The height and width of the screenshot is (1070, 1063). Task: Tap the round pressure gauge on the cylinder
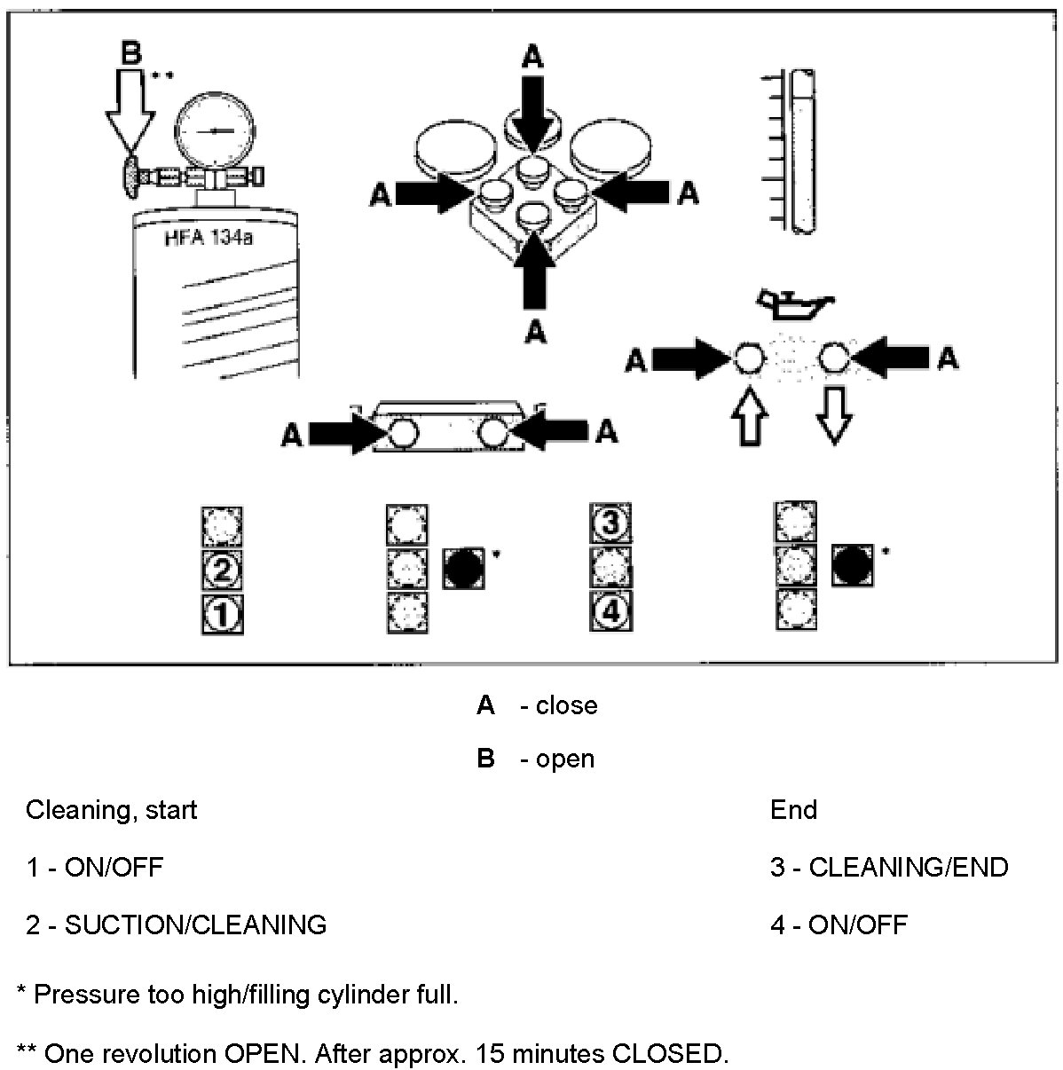pyautogui.click(x=210, y=130)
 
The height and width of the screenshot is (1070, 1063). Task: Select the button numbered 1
pyautogui.click(x=223, y=614)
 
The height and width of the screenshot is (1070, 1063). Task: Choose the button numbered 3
pyautogui.click(x=610, y=522)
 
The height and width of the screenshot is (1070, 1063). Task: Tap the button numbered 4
pyautogui.click(x=610, y=611)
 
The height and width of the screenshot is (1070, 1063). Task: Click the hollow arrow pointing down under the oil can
pyautogui.click(x=833, y=413)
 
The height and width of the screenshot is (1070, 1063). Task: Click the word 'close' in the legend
pyautogui.click(x=566, y=705)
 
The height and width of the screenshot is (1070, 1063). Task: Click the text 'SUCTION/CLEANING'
pyautogui.click(x=195, y=925)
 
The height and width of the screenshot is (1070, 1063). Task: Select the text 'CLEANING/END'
pyautogui.click(x=909, y=868)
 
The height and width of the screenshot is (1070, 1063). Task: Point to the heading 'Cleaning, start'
pyautogui.click(x=111, y=810)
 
